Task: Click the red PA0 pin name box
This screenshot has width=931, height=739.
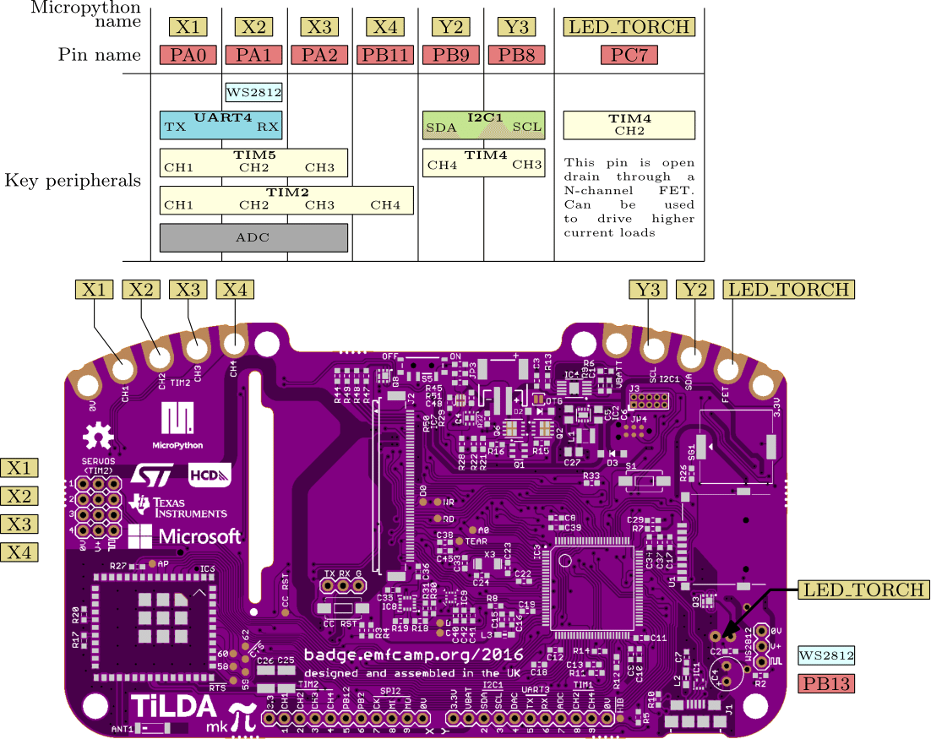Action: point(188,56)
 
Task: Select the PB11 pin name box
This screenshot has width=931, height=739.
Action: point(385,56)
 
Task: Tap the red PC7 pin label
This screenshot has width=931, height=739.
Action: point(629,56)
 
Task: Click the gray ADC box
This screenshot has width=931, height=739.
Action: point(253,237)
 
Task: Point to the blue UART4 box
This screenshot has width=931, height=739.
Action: point(220,123)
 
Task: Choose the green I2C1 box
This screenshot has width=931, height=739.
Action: point(484,124)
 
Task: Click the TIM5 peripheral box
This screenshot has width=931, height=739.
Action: point(253,161)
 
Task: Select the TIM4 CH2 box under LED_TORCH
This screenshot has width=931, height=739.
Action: point(629,125)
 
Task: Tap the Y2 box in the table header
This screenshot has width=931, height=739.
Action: point(451,27)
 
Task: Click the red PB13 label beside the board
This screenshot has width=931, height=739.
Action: point(826,683)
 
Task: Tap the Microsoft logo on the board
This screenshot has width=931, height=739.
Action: point(185,535)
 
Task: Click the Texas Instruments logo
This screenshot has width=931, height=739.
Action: point(178,506)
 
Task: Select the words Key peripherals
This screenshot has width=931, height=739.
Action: point(73,180)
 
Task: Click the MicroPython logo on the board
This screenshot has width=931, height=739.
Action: point(177,426)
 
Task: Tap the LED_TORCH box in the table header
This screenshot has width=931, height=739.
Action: point(629,27)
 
